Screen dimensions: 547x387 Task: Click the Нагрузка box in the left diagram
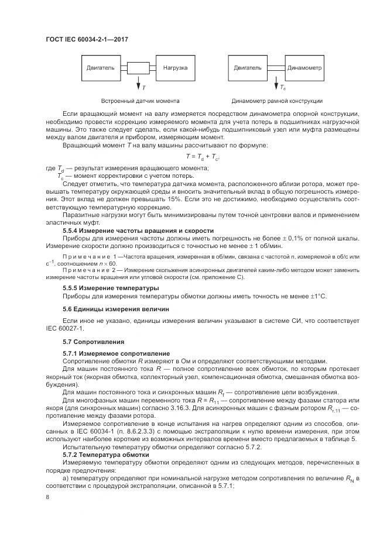(175, 68)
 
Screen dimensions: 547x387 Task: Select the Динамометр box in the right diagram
(304, 68)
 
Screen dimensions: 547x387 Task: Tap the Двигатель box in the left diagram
(100, 68)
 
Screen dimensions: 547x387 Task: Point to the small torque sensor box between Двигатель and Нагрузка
(138, 68)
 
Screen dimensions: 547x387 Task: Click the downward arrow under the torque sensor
(138, 82)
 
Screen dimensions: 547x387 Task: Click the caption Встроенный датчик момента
(140, 101)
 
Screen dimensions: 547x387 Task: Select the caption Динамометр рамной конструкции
(277, 101)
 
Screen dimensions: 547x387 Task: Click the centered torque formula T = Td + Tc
(202, 157)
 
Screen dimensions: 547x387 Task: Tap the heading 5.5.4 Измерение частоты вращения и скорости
(138, 231)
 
